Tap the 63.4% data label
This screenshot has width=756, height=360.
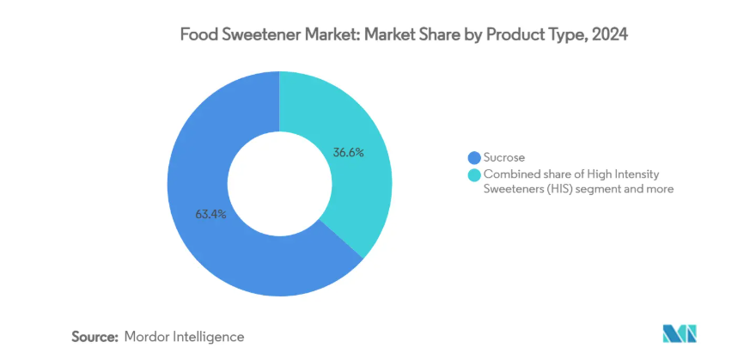[x=210, y=215]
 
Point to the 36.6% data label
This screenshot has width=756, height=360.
[x=349, y=153]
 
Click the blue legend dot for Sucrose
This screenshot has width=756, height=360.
[x=472, y=157]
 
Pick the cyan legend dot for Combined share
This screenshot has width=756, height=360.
[x=472, y=174]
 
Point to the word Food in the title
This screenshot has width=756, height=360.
[x=197, y=35]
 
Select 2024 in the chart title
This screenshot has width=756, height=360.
[x=609, y=35]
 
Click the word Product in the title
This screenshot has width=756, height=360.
[x=515, y=35]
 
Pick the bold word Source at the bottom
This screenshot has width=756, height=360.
[x=94, y=337]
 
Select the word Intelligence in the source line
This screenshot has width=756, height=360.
[x=211, y=337]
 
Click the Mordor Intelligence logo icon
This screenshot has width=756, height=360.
[x=681, y=334]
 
